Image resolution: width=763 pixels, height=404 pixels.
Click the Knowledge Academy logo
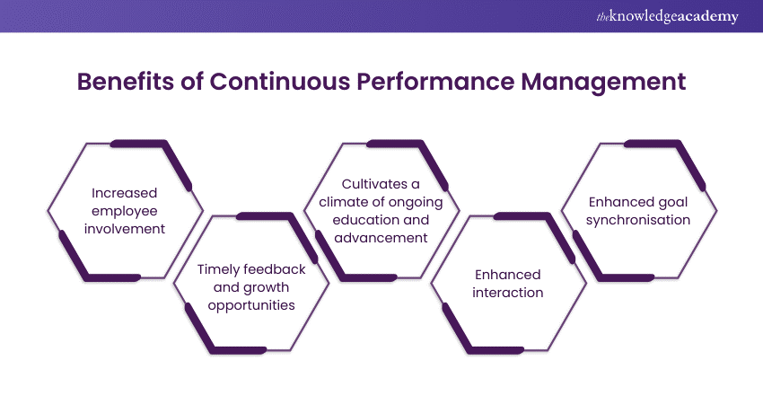[x=668, y=16]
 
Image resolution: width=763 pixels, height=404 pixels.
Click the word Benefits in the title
[x=126, y=82]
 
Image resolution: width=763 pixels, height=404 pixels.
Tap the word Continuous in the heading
[x=280, y=82]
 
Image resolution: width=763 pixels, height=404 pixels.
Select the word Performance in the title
[x=435, y=82]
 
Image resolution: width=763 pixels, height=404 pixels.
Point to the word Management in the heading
[x=603, y=83]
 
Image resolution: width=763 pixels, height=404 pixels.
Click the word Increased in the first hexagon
[x=125, y=193]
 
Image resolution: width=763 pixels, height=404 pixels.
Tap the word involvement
[x=125, y=229]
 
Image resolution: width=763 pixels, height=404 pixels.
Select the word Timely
[x=218, y=270]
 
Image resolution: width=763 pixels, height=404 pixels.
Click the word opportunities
[x=251, y=305]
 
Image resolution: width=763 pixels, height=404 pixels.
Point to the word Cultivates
[x=375, y=184]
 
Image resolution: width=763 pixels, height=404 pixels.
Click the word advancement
[x=381, y=238]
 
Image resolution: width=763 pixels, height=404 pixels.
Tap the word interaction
[x=507, y=293]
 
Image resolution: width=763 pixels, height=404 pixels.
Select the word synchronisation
[x=638, y=221]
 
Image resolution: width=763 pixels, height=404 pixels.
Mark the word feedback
[x=275, y=269]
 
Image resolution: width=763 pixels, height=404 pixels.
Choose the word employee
[x=125, y=212]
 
